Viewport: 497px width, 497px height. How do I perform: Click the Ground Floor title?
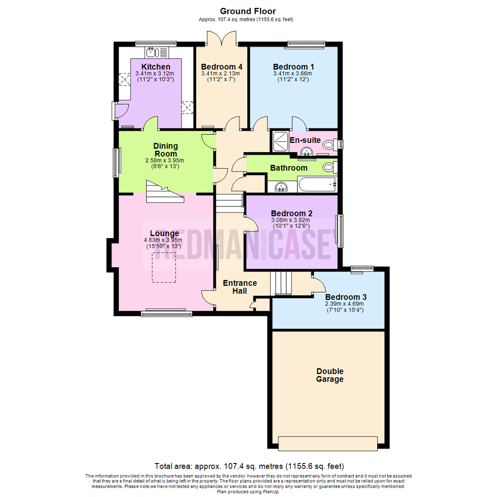tap(248, 11)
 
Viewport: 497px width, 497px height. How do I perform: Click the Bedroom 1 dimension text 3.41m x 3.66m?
tap(292, 73)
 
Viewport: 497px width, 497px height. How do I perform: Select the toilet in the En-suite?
tap(329, 145)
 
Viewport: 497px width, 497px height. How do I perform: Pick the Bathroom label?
tap(289, 168)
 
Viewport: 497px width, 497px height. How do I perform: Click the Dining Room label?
tap(165, 149)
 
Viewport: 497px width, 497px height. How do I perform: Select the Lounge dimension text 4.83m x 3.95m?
tap(163, 240)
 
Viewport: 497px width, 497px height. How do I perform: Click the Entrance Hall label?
tap(240, 287)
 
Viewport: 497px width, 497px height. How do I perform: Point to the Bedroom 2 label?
tap(291, 214)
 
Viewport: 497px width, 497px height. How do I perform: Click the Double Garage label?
tap(329, 375)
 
